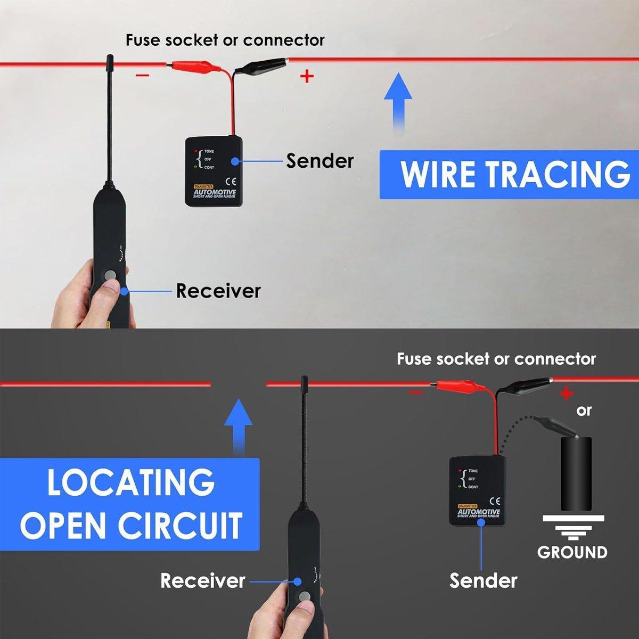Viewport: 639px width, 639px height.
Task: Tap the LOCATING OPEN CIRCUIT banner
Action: click(130, 504)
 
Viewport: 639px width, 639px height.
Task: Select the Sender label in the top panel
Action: click(319, 161)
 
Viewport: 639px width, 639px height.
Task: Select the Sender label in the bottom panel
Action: click(483, 580)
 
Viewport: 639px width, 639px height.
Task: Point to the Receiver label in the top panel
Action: click(218, 291)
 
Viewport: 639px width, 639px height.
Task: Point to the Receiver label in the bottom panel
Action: click(202, 580)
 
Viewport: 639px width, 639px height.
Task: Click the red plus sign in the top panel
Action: click(307, 77)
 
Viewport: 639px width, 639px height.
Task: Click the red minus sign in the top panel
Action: click(142, 75)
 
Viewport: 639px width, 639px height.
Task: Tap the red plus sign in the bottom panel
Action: click(567, 394)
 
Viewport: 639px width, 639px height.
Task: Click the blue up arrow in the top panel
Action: click(398, 101)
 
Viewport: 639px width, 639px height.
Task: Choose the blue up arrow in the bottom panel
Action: click(238, 423)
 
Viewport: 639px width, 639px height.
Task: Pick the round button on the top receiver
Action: click(110, 275)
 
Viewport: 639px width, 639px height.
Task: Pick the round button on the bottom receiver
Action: click(305, 596)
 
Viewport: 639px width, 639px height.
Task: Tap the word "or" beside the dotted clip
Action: click(584, 411)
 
